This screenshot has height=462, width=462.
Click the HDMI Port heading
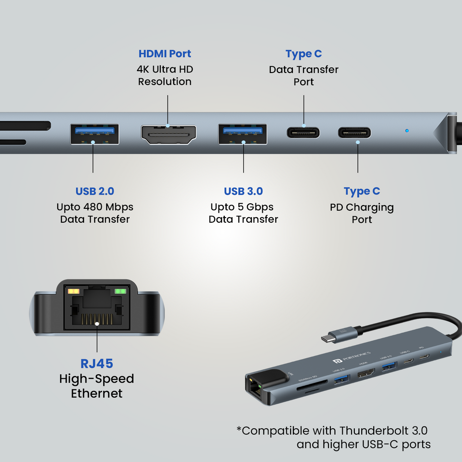(165, 54)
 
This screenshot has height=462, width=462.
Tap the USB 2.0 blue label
(95, 191)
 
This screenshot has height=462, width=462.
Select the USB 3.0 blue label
(243, 191)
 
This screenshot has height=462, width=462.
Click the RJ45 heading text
(97, 364)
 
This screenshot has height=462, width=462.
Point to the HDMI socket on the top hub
(168, 134)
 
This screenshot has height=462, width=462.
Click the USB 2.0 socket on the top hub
(94, 134)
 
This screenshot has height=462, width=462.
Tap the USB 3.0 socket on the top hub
(243, 134)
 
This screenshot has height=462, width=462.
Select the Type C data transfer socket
(303, 133)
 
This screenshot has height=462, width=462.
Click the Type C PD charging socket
(354, 133)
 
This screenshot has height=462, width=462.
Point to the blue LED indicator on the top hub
(407, 131)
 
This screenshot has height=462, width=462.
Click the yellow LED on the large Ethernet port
(74, 292)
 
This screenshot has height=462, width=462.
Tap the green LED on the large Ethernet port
(121, 292)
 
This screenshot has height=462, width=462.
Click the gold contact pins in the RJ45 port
(97, 320)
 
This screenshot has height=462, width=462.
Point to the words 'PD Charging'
(362, 207)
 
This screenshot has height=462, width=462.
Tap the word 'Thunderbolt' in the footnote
(375, 431)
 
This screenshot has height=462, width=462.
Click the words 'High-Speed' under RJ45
(97, 379)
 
